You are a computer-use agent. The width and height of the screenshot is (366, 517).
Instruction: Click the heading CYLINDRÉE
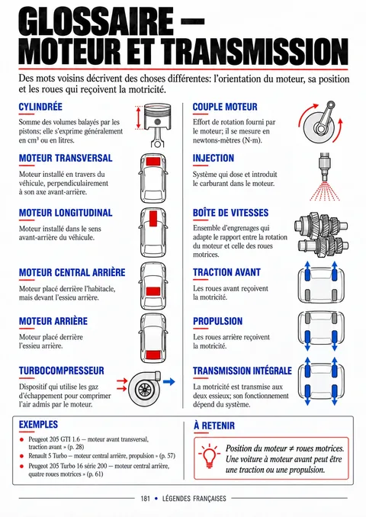pyautogui.click(x=40, y=107)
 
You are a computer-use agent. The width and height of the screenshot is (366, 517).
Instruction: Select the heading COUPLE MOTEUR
pyautogui.click(x=225, y=107)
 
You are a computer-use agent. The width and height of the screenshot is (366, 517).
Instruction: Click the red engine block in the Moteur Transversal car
pyautogui.click(x=153, y=162)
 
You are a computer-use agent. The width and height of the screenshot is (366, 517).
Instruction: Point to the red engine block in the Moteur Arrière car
pyautogui.click(x=153, y=355)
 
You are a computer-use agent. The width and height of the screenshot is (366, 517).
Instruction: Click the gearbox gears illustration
pyautogui.click(x=321, y=235)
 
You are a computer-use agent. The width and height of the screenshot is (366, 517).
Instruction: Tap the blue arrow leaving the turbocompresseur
pyautogui.click(x=169, y=382)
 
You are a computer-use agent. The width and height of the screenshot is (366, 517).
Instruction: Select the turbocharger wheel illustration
pyautogui.click(x=144, y=389)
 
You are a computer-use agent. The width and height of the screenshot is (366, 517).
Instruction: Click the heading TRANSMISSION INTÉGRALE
pyautogui.click(x=242, y=371)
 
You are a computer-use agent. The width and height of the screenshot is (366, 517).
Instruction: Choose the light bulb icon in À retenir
pyautogui.click(x=210, y=456)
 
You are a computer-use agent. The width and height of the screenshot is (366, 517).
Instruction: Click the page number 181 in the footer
pyautogui.click(x=146, y=498)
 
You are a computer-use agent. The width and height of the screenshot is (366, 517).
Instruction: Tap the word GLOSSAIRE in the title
pyautogui.click(x=96, y=22)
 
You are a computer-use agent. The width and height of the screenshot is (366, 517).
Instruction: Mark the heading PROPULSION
pyautogui.click(x=217, y=321)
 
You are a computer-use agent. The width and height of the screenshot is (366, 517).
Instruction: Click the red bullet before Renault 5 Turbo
pyautogui.click(x=22, y=456)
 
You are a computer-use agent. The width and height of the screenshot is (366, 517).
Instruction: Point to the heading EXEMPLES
pyautogui.click(x=38, y=424)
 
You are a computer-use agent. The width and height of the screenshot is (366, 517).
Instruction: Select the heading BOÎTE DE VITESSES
pyautogui.click(x=231, y=213)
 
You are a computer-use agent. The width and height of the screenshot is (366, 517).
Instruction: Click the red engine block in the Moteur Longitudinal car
pyautogui.click(x=153, y=219)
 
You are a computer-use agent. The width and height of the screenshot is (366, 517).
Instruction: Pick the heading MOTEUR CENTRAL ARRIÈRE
pyautogui.click(x=72, y=273)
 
